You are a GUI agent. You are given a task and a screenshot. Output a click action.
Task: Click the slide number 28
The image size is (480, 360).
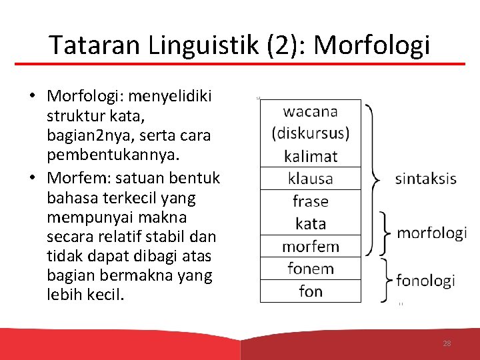pos(447,343)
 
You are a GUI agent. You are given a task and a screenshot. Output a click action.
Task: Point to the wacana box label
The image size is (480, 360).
pos(310,111)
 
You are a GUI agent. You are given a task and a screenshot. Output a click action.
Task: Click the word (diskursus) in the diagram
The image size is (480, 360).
pos(310,133)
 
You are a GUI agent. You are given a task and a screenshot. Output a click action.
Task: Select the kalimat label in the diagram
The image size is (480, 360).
pos(310,157)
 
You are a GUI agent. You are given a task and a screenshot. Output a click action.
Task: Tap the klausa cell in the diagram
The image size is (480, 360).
pos(310,179)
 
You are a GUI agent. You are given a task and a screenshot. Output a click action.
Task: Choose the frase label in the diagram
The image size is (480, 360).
pos(310,201)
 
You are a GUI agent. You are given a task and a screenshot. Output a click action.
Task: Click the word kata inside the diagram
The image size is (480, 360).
pos(310,223)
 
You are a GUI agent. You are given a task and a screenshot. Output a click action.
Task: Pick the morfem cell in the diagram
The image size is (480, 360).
pos(310,246)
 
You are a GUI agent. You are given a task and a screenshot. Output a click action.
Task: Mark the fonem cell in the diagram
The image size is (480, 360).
pos(310,269)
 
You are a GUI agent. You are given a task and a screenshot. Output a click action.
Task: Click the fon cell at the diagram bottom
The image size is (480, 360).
pos(310,291)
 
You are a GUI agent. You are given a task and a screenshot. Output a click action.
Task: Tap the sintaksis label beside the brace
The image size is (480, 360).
pos(425,178)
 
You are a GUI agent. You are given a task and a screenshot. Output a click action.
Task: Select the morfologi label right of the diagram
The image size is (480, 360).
pos(431,233)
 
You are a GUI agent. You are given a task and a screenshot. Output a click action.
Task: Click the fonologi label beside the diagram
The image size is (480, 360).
pos(425,280)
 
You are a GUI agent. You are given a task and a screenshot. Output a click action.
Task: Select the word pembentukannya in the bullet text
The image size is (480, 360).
pos(102,155)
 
